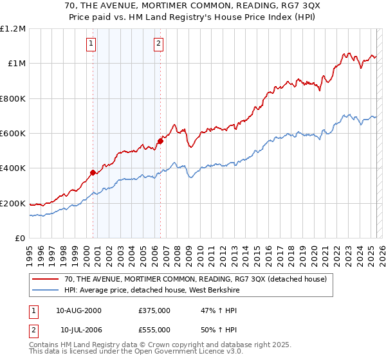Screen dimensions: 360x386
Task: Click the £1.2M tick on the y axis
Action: (13, 29)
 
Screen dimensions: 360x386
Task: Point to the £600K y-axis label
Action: (13, 134)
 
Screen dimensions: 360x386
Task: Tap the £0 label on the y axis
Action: (20, 239)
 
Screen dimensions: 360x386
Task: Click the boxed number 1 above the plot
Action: (91, 44)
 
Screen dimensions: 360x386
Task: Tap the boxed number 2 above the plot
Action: (158, 44)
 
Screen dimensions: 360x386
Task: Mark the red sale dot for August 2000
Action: (93, 172)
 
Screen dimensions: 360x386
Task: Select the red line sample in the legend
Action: (46, 279)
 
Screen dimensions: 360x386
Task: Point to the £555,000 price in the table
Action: (154, 329)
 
